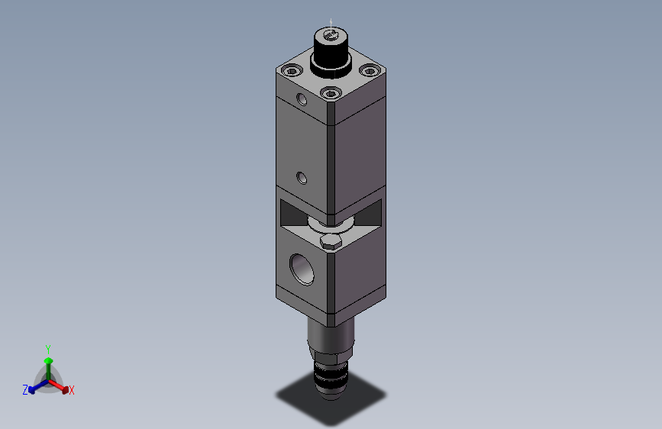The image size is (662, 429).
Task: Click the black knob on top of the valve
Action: (331, 55)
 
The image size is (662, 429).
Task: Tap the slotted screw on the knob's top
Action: (331, 37)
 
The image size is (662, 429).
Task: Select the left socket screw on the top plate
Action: (292, 70)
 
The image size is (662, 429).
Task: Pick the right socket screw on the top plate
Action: (370, 70)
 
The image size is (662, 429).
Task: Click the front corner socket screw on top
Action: (331, 93)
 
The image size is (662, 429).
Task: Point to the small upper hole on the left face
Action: (302, 99)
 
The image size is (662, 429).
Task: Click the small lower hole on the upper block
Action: (302, 178)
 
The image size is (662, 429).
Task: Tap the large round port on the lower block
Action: (302, 269)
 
